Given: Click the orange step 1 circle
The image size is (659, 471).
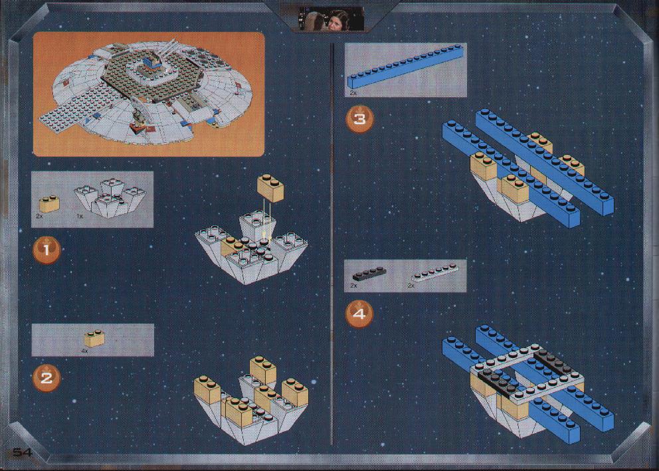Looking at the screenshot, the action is [47, 250].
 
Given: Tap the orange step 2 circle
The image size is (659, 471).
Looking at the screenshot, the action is [47, 378].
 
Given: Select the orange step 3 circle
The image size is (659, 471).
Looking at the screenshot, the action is [359, 120].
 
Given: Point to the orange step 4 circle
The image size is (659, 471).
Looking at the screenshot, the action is [359, 314].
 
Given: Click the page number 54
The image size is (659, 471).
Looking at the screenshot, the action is [23, 452].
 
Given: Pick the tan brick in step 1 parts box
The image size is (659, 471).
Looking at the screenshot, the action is [48, 204].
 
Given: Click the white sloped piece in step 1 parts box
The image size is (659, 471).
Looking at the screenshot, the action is [110, 196].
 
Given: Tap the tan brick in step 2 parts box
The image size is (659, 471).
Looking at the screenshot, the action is [94, 339].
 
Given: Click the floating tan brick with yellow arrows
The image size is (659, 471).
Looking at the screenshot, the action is [270, 188].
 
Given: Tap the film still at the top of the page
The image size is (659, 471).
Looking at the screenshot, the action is [331, 19].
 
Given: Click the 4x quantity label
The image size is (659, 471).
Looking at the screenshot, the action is [85, 350].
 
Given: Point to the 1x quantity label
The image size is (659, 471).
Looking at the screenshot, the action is [80, 216].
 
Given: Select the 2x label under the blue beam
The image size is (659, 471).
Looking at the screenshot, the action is [353, 92].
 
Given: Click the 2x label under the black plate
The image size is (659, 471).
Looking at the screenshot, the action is [353, 285].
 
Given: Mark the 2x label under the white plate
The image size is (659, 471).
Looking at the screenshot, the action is [411, 285].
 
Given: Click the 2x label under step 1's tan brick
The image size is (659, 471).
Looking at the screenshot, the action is [39, 216].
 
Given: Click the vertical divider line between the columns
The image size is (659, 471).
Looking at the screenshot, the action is [332, 243].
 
